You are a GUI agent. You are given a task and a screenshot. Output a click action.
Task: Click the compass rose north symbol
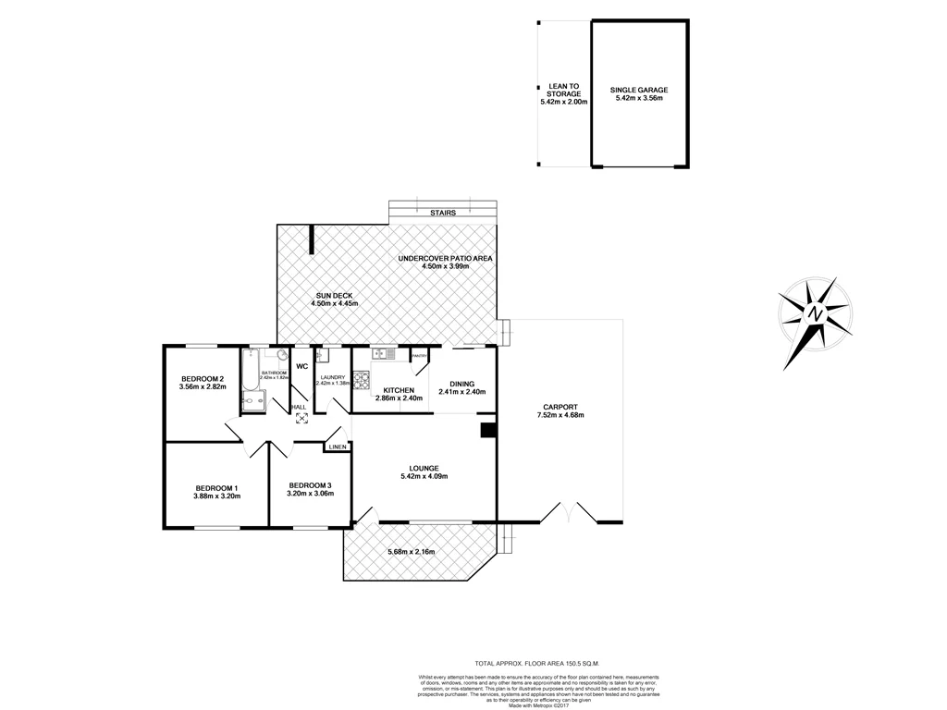pos(815,314)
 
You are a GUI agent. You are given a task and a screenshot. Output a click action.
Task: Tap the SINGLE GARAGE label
pos(639,90)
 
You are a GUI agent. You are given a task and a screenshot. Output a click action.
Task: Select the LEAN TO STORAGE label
pos(563,90)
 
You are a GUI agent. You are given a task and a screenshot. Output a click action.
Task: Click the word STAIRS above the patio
pos(443,213)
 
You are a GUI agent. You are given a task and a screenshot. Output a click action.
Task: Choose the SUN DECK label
pos(334,295)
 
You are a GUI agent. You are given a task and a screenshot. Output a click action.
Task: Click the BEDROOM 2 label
pos(203,379)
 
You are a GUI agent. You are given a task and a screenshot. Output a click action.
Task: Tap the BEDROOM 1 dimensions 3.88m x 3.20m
pos(216,496)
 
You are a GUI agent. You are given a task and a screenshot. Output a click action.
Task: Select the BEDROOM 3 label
pos(310,485)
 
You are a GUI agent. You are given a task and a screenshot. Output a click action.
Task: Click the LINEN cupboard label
pos(337,447)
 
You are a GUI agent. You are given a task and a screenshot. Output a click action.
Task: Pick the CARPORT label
pos(560,407)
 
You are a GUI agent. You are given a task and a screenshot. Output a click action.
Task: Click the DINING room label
pos(461,385)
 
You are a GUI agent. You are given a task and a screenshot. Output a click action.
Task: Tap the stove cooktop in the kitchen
pos(362,381)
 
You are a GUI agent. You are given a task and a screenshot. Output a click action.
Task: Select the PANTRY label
pos(418,355)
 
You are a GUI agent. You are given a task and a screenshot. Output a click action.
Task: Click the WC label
pos(301,366)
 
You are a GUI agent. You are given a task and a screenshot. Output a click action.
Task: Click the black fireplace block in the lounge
pos(487,429)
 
